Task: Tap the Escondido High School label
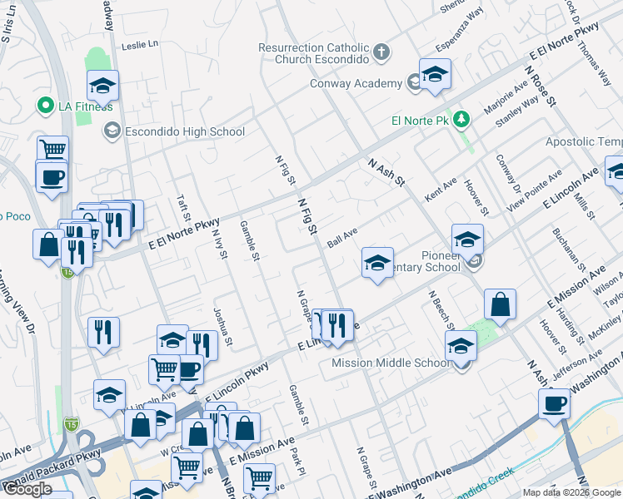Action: tap(185, 131)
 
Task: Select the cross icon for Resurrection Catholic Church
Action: tap(381, 53)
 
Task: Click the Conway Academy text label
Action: tap(356, 83)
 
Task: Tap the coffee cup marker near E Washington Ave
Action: tap(554, 404)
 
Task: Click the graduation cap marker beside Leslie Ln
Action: tap(103, 86)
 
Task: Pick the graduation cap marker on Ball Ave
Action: tap(377, 264)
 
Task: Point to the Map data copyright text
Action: tap(571, 492)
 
